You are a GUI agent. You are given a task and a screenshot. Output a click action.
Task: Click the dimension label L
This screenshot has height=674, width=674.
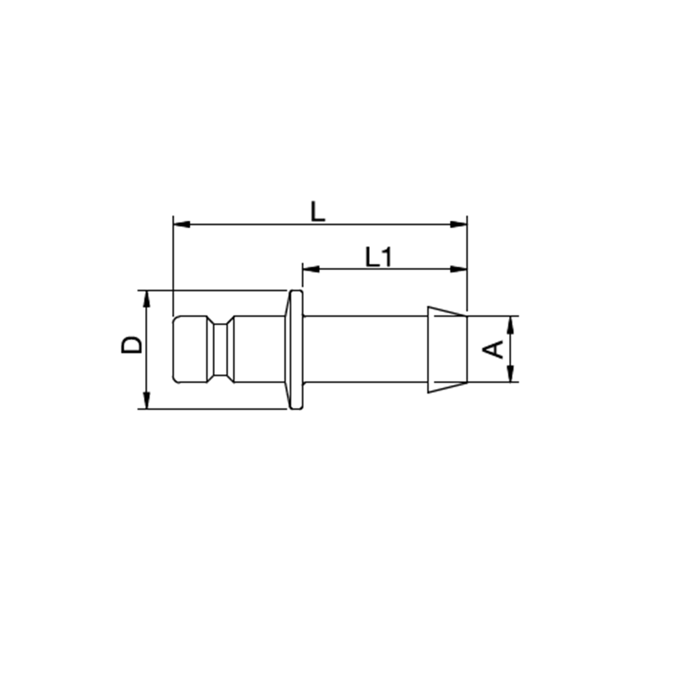[317, 212]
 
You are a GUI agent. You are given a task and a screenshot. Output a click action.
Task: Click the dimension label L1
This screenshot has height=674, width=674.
[379, 257]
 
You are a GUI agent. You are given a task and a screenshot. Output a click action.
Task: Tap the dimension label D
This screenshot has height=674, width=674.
[131, 344]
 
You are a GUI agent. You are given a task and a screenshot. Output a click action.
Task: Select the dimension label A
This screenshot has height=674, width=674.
[493, 349]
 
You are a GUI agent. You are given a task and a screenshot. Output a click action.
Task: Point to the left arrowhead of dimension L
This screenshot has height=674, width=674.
[181, 224]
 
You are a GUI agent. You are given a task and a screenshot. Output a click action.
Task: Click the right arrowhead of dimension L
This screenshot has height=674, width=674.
[458, 224]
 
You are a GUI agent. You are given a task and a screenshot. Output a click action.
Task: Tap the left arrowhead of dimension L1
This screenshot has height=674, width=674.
[311, 269]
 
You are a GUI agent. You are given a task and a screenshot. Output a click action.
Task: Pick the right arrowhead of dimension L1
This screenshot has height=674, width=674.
[458, 269]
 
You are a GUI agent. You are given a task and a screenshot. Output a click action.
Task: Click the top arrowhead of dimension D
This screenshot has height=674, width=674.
[146, 299]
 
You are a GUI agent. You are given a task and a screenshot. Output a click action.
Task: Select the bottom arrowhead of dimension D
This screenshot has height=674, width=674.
[146, 400]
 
